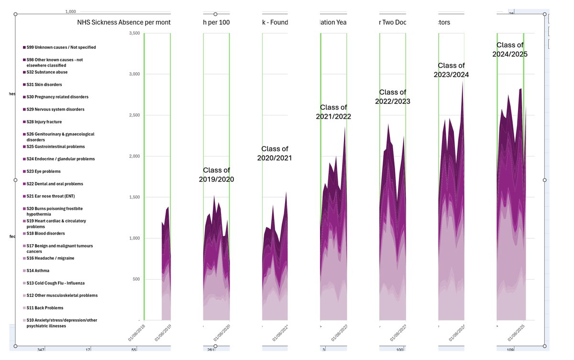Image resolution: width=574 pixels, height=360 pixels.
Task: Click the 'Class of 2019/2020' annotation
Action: click(216, 175)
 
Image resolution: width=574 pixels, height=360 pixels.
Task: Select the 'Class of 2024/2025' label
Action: click(510, 50)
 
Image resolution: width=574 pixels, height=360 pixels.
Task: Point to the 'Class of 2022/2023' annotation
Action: click(395, 97)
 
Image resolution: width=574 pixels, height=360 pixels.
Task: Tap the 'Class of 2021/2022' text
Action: click(333, 112)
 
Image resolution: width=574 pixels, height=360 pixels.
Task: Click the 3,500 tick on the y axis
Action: click(134, 33)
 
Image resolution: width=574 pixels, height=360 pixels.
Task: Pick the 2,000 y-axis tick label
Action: click(134, 156)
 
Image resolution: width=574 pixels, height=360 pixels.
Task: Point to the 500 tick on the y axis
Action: click(136, 279)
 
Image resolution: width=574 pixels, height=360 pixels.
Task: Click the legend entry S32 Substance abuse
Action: click(47, 72)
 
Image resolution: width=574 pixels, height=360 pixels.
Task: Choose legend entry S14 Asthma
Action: click(38, 271)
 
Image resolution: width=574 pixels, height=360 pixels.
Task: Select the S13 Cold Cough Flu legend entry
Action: click(55, 283)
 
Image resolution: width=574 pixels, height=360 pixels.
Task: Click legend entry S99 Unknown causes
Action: click(61, 47)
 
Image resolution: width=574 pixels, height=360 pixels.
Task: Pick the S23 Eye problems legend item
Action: click(44, 171)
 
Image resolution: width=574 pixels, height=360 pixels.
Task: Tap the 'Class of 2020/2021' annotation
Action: click(274, 153)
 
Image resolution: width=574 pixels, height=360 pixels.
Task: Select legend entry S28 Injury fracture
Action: click(44, 122)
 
